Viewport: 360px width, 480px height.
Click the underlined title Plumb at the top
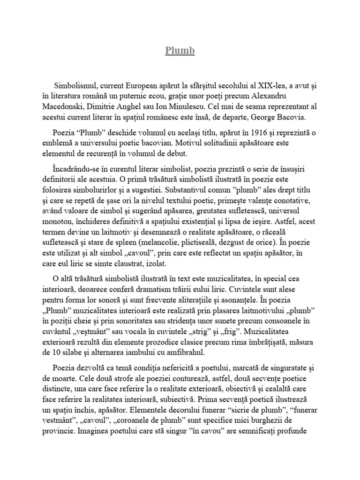point(180,51)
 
